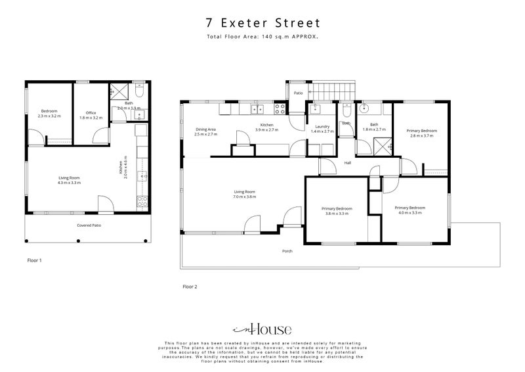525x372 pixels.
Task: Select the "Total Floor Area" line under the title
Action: click(262, 37)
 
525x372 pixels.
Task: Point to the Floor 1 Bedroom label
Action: click(49, 111)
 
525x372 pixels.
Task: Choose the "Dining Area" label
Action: click(206, 129)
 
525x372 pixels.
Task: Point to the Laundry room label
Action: click(322, 126)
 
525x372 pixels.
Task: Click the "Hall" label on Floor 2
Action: click(347, 163)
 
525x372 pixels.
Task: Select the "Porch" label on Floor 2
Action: click(287, 251)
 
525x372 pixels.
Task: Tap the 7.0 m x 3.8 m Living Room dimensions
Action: click(243, 197)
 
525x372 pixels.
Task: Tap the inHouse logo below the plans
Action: click(262, 329)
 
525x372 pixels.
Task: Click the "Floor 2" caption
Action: click(190, 287)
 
